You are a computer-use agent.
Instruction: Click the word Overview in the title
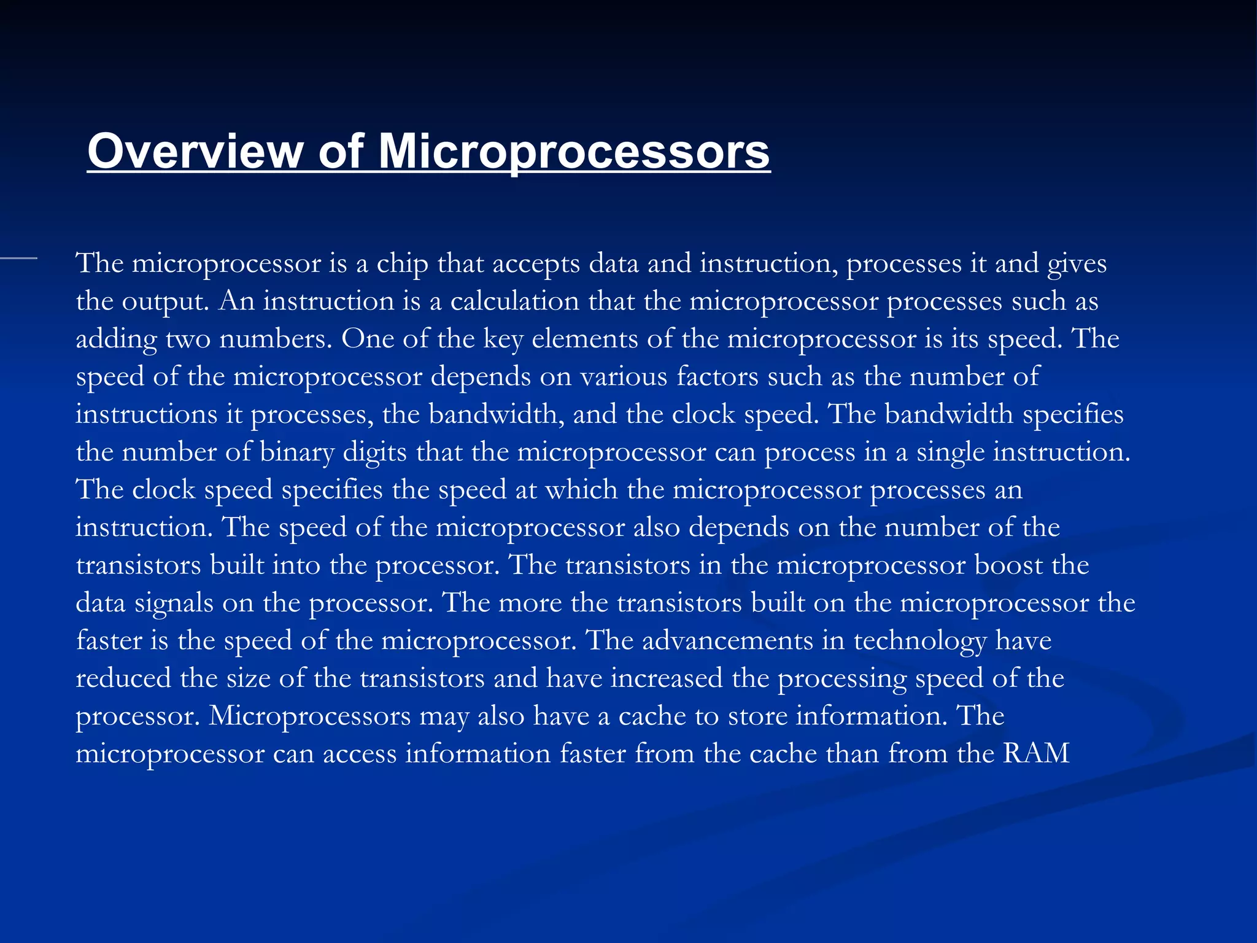[x=195, y=151]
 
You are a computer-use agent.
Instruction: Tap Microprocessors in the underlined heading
[x=573, y=151]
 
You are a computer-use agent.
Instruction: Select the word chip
[x=402, y=265]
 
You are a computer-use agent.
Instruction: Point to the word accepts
[x=536, y=265]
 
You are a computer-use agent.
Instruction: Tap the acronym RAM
[x=1036, y=753]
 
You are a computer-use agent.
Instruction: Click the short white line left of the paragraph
[x=18, y=259]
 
